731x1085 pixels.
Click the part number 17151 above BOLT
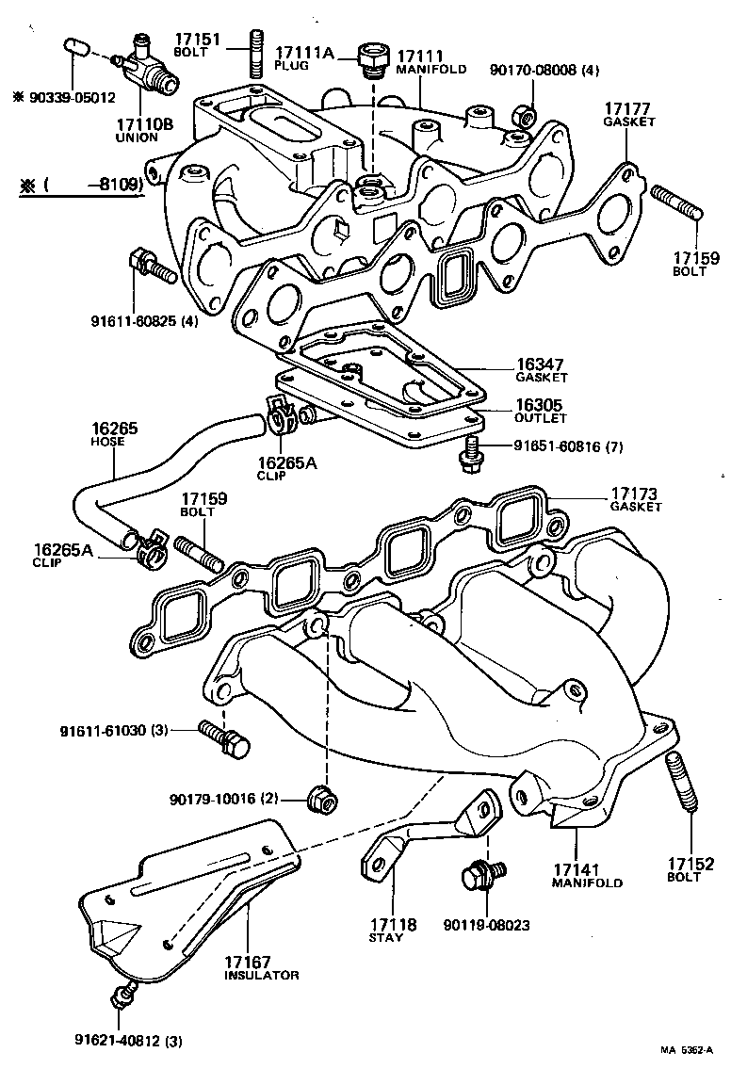tap(196, 39)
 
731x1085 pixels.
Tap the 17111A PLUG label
tap(303, 57)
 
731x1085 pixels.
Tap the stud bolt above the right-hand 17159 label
tap(674, 204)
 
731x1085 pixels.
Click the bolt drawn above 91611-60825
tap(150, 267)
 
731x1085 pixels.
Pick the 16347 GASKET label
tap(541, 369)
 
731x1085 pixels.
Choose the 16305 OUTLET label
tap(541, 410)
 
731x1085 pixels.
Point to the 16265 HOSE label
tap(114, 433)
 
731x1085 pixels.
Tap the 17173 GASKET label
tap(635, 498)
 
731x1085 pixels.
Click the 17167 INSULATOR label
tap(261, 967)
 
